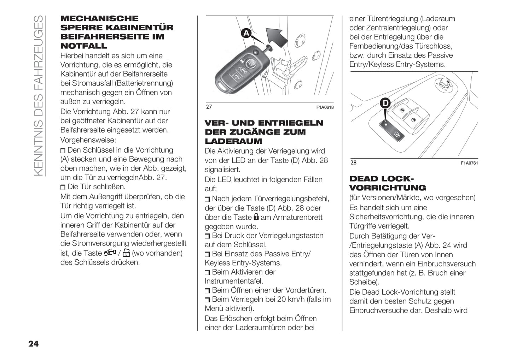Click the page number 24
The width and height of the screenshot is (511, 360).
33,344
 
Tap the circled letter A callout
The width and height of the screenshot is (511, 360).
246,33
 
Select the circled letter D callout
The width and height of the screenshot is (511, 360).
385,103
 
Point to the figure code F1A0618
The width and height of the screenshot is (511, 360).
325,107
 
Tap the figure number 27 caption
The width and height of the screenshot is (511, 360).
209,107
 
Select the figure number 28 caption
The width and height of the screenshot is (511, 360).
353,163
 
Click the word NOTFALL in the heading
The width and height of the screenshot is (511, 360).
83,46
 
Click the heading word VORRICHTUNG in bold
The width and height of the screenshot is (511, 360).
388,188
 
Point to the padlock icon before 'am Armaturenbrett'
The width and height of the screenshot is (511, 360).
256,217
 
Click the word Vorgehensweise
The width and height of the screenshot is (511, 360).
88,140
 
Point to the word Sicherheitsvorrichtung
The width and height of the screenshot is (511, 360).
386,217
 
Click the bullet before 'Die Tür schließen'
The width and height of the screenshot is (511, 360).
63,187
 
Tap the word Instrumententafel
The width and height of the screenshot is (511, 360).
234,281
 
